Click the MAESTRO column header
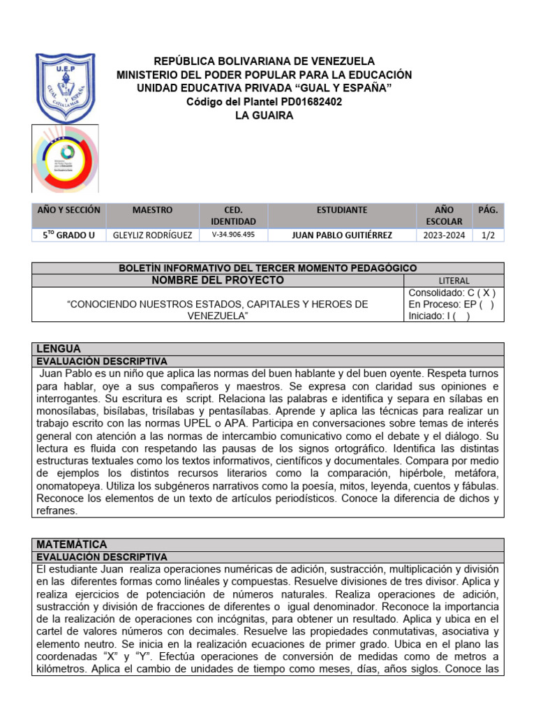click(x=152, y=209)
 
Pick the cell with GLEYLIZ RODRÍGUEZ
click(x=152, y=235)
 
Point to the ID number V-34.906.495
click(x=233, y=235)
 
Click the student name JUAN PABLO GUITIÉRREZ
click(x=341, y=235)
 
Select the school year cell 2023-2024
click(x=443, y=235)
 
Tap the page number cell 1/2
click(x=488, y=235)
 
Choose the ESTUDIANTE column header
click(x=341, y=209)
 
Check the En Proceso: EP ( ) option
click(x=452, y=304)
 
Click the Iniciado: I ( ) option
click(x=439, y=316)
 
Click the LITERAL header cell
click(x=454, y=281)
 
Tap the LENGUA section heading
click(x=59, y=348)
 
